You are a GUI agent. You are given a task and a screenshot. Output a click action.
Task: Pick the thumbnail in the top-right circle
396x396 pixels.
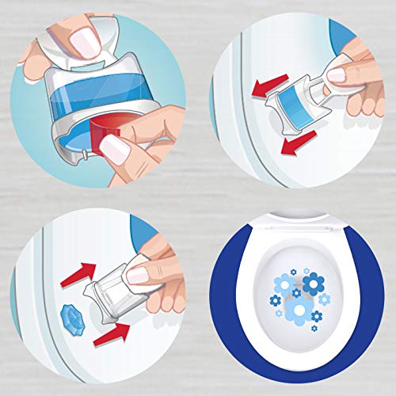[x=338, y=75]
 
